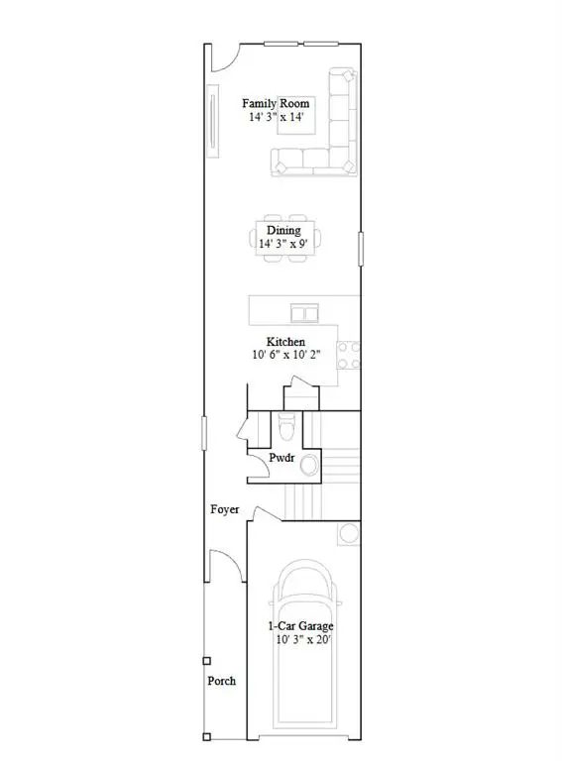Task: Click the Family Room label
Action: pyautogui.click(x=277, y=103)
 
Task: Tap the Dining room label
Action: pyautogui.click(x=282, y=230)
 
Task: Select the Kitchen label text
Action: pyautogui.click(x=284, y=342)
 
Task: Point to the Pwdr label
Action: pyautogui.click(x=281, y=459)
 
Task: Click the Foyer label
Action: pyautogui.click(x=224, y=509)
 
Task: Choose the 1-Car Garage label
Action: pyautogui.click(x=300, y=626)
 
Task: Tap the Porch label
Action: pyautogui.click(x=221, y=682)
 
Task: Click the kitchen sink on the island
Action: pyautogui.click(x=304, y=314)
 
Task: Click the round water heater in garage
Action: pyautogui.click(x=350, y=534)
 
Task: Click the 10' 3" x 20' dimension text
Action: pyautogui.click(x=304, y=640)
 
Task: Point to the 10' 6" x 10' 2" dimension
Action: pyautogui.click(x=287, y=356)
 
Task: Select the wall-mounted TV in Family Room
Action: pyautogui.click(x=213, y=119)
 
